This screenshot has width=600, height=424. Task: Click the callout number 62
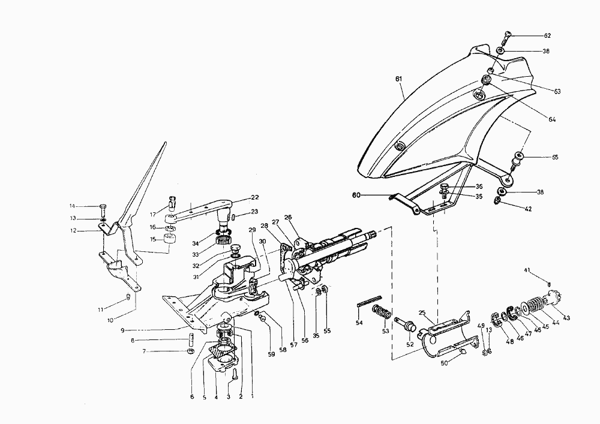click(547, 36)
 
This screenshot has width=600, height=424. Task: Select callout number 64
click(551, 119)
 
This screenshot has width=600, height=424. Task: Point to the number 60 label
click(356, 195)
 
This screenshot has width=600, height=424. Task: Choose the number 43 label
click(566, 318)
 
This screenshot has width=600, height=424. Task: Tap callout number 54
click(359, 323)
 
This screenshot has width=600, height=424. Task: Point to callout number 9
click(121, 330)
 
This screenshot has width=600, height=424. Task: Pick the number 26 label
click(288, 217)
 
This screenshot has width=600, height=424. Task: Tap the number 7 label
click(143, 351)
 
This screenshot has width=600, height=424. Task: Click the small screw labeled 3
click(235, 375)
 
